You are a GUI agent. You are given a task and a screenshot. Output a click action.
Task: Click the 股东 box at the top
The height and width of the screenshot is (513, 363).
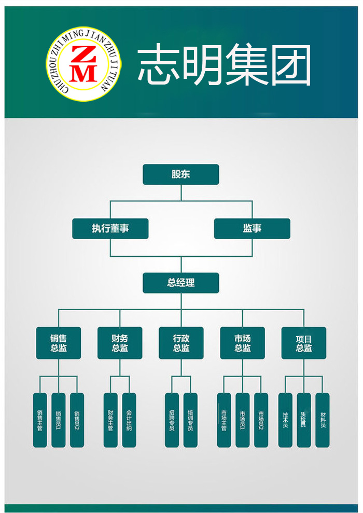(181, 174)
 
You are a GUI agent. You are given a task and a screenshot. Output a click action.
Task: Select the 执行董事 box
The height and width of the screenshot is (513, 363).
(110, 229)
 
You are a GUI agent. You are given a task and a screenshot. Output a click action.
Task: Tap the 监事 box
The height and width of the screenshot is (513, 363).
(252, 229)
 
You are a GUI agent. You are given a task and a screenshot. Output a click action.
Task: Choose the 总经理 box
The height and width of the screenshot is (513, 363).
(181, 283)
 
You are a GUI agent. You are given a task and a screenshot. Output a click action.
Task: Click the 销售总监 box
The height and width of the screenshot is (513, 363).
(59, 343)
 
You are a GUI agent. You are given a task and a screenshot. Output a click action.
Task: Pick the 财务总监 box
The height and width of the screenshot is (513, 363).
(120, 343)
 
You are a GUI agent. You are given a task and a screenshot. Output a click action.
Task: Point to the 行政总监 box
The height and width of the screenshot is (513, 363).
(181, 343)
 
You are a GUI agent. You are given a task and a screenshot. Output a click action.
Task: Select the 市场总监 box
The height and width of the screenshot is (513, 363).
(242, 343)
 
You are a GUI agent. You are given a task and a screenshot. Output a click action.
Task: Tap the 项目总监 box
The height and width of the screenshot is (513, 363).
(304, 343)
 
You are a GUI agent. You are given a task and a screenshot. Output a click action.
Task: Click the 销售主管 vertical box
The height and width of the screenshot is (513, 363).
(40, 420)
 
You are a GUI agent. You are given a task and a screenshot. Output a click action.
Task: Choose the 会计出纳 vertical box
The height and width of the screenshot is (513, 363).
(129, 420)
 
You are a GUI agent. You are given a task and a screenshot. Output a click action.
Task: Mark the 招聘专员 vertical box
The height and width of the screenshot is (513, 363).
(172, 420)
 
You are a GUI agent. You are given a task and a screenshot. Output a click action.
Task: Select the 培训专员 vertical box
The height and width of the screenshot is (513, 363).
(190, 420)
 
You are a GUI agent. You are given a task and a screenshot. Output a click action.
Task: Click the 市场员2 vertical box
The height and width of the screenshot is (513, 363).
(261, 420)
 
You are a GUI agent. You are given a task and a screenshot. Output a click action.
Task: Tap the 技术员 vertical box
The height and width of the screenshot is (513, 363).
(285, 420)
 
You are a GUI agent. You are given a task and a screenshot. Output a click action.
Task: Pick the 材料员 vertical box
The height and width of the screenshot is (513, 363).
(323, 420)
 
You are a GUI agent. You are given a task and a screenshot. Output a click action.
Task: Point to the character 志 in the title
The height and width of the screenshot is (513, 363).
(159, 65)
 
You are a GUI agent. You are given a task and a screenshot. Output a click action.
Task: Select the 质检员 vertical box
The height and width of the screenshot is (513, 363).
(304, 420)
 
